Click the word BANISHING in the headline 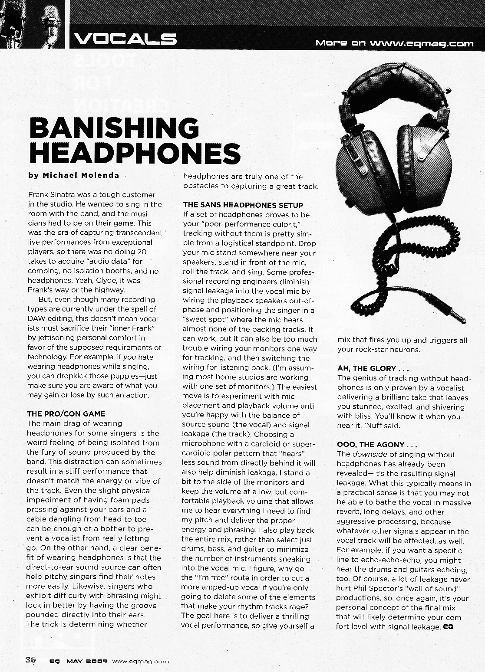(x=114, y=129)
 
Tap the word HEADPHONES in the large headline (x=134, y=153)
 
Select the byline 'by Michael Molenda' (x=73, y=176)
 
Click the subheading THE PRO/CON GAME (x=66, y=414)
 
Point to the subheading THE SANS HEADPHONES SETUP (x=243, y=205)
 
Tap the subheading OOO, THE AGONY (x=377, y=445)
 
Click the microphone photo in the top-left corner (x=32, y=24)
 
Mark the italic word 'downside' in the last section (x=367, y=455)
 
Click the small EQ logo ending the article (x=448, y=626)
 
